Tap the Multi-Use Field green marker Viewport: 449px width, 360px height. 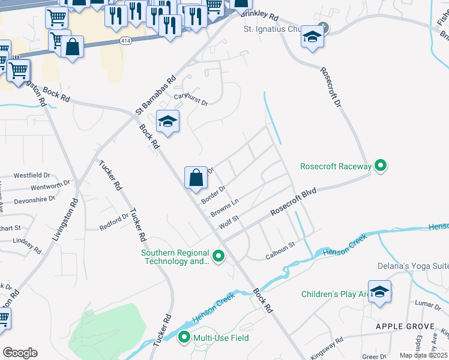coord(184,338)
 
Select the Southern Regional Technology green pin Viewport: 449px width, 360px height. coord(219,257)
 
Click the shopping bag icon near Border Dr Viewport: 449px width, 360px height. coord(196,178)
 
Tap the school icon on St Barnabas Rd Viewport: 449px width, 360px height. coord(168,122)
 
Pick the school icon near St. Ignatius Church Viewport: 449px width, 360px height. coord(312,37)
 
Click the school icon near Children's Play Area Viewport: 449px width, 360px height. coord(379,292)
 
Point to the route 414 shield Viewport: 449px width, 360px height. coord(125,41)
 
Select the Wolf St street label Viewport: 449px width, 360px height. coord(229,223)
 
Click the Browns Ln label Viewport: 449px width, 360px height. coord(224,208)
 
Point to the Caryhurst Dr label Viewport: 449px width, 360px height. coord(190,100)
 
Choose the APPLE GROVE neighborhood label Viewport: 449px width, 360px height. coord(405,326)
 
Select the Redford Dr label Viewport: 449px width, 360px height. coord(114,222)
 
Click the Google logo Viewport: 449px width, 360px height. coord(20,353)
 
